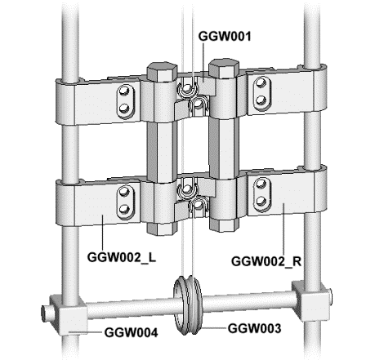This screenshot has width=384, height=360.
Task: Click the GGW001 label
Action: coord(225,36)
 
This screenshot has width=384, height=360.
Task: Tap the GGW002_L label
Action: coord(122,257)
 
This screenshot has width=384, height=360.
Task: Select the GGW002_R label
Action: coord(266,261)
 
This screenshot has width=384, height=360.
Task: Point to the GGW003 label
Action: coord(254,328)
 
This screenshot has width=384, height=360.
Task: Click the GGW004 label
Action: coord(131,332)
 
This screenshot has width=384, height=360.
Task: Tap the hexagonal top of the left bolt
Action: coord(162,69)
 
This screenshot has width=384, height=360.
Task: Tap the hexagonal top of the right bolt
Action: coord(224,66)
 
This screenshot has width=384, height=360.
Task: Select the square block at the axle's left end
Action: coord(69,314)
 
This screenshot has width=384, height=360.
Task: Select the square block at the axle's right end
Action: coord(311,301)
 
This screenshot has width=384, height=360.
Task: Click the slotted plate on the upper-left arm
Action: coord(126,101)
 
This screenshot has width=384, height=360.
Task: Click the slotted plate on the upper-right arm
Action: coord(261,94)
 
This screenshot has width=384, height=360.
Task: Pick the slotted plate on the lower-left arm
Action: coord(126,202)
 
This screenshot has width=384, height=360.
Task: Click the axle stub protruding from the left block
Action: coord(46,313)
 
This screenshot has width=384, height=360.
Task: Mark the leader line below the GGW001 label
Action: coord(203,62)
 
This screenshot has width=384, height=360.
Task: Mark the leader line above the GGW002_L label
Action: coord(103,233)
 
